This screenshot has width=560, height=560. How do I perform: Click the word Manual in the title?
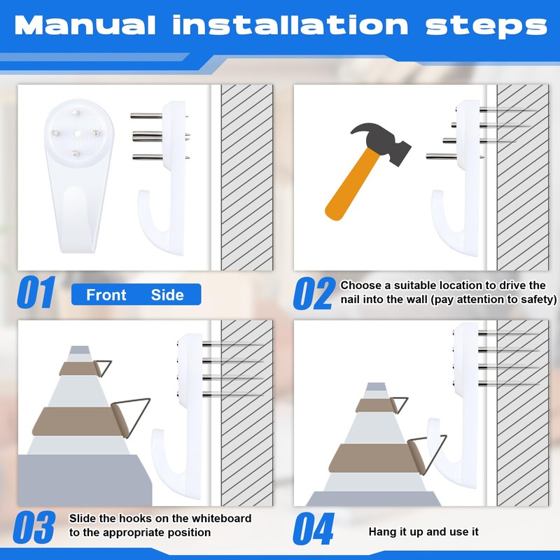(x=85, y=25)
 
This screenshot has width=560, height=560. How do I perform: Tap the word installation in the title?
(x=290, y=24)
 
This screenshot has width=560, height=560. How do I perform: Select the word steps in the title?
(x=486, y=27)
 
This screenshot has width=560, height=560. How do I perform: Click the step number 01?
(x=36, y=292)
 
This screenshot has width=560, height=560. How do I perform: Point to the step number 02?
(x=314, y=293)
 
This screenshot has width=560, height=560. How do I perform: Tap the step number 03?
(x=34, y=527)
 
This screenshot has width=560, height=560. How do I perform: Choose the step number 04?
(x=314, y=528)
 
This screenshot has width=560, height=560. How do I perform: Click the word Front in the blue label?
(x=106, y=295)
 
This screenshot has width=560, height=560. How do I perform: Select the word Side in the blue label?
(x=167, y=295)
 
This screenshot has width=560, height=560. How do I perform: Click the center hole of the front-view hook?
(x=77, y=134)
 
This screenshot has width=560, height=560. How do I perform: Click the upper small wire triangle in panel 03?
(x=103, y=368)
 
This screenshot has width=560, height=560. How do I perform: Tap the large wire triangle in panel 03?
(x=131, y=417)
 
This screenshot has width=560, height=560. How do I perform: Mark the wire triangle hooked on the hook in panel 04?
(x=428, y=454)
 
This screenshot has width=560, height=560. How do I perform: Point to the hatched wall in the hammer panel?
(x=523, y=178)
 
